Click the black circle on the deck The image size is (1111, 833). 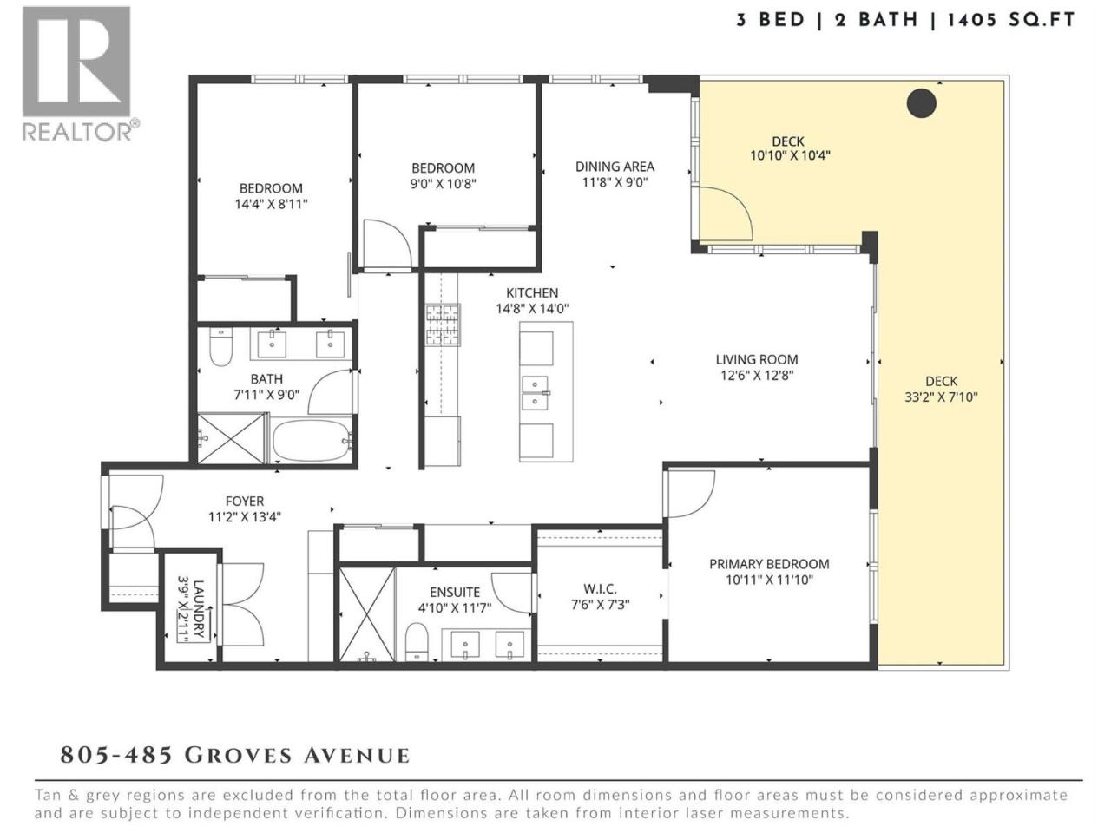click(921, 103)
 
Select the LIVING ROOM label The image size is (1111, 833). click(757, 359)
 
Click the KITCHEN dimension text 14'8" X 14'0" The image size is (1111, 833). click(532, 309)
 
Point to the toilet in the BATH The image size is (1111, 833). click(220, 346)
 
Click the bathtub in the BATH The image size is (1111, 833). click(312, 438)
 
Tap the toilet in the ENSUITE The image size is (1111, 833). click(417, 642)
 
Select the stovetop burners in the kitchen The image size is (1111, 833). click(443, 325)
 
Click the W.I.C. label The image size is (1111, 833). click(600, 589)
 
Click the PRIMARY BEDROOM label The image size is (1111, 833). click(769, 564)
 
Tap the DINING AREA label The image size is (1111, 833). click(615, 167)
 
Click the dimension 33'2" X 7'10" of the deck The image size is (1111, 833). click(941, 397)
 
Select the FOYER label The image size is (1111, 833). click(245, 502)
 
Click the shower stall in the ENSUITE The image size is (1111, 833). click(366, 614)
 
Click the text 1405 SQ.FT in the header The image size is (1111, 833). click(1011, 20)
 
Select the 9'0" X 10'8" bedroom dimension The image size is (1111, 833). click(444, 184)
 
